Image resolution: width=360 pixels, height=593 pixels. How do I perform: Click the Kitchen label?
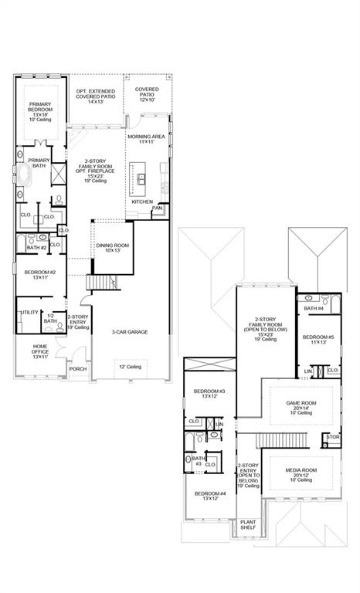pos(141,202)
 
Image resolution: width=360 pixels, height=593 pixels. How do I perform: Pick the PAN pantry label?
pos(157,208)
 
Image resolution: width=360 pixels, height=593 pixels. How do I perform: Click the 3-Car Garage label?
pos(129,332)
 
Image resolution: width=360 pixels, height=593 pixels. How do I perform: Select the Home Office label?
pos(40,351)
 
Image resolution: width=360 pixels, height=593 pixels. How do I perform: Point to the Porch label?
pos(77,368)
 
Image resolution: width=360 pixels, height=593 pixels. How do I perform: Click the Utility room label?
pos(29,312)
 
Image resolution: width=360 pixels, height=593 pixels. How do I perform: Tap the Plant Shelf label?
pos(250,526)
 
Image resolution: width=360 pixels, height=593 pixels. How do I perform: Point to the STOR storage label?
pos(333,437)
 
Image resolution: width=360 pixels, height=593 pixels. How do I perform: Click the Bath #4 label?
pos(313,309)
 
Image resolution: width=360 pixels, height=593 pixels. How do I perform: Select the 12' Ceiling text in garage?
pos(128,366)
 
